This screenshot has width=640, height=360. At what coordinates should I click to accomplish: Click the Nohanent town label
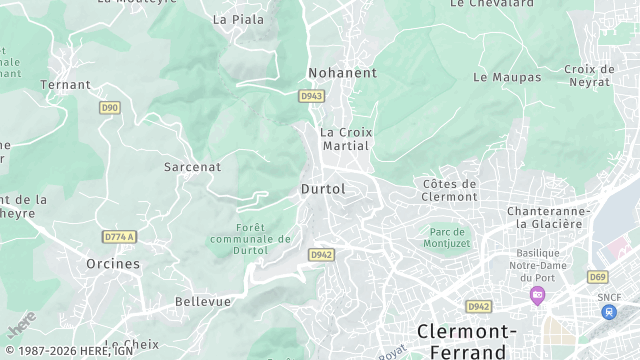point(342,73)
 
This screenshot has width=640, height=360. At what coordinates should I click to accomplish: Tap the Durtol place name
point(323,188)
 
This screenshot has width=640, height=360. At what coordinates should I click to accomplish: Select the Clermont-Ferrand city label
point(466,341)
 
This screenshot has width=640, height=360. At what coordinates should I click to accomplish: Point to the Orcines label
point(113,264)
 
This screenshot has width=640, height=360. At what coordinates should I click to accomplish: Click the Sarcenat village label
point(192,167)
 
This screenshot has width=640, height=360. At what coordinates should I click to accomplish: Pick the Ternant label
point(65,85)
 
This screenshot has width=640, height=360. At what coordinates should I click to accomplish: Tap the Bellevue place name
point(203,301)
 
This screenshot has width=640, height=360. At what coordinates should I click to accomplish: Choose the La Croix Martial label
point(344,138)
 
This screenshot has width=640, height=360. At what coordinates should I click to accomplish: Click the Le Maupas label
point(507,77)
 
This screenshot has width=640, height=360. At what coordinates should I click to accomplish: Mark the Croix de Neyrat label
point(589,75)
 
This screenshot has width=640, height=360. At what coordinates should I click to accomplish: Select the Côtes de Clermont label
point(450,190)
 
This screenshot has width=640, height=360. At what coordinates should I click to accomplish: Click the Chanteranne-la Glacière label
point(545,217)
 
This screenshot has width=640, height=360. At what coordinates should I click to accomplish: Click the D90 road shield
point(110,107)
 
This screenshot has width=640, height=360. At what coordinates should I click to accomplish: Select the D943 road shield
point(311,96)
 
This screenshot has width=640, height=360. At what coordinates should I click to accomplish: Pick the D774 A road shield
point(119,237)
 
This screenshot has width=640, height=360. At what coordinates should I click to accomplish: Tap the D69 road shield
point(598,277)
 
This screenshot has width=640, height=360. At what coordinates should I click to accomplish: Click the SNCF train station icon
point(609,311)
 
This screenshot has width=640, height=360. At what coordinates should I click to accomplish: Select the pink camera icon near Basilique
point(538,295)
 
